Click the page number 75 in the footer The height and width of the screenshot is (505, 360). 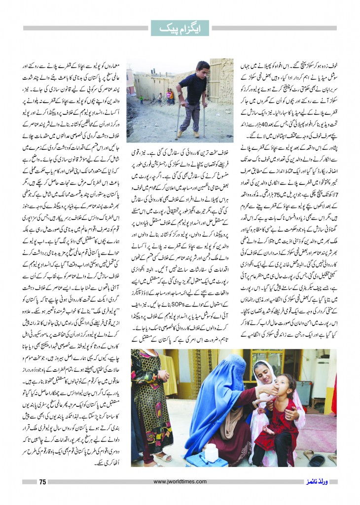[42, 482]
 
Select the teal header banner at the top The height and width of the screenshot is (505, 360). [180, 28]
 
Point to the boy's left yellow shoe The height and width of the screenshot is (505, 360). [183, 134]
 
